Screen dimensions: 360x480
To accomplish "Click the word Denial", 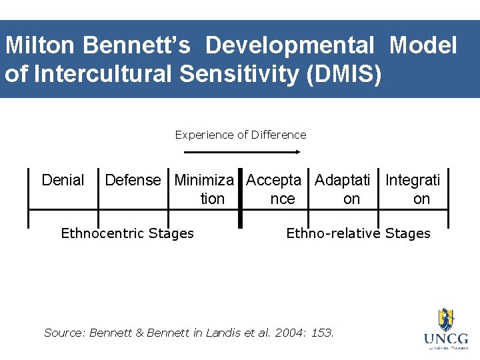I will (63, 180).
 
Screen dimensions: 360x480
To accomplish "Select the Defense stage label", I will (133, 180).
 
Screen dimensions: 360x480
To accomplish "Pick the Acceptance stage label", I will (274, 189).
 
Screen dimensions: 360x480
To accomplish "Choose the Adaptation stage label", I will (343, 189).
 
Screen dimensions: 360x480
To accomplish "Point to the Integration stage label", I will (413, 189).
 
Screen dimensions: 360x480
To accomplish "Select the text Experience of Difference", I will (241, 135).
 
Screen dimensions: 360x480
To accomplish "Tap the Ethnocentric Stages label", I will (127, 233).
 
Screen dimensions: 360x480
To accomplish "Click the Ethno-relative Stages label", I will (358, 233).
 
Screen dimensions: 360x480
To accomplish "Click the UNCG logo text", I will (446, 339).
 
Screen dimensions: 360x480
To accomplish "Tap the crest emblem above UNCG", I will (445, 319).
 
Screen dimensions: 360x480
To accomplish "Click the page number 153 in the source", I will (323, 332).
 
